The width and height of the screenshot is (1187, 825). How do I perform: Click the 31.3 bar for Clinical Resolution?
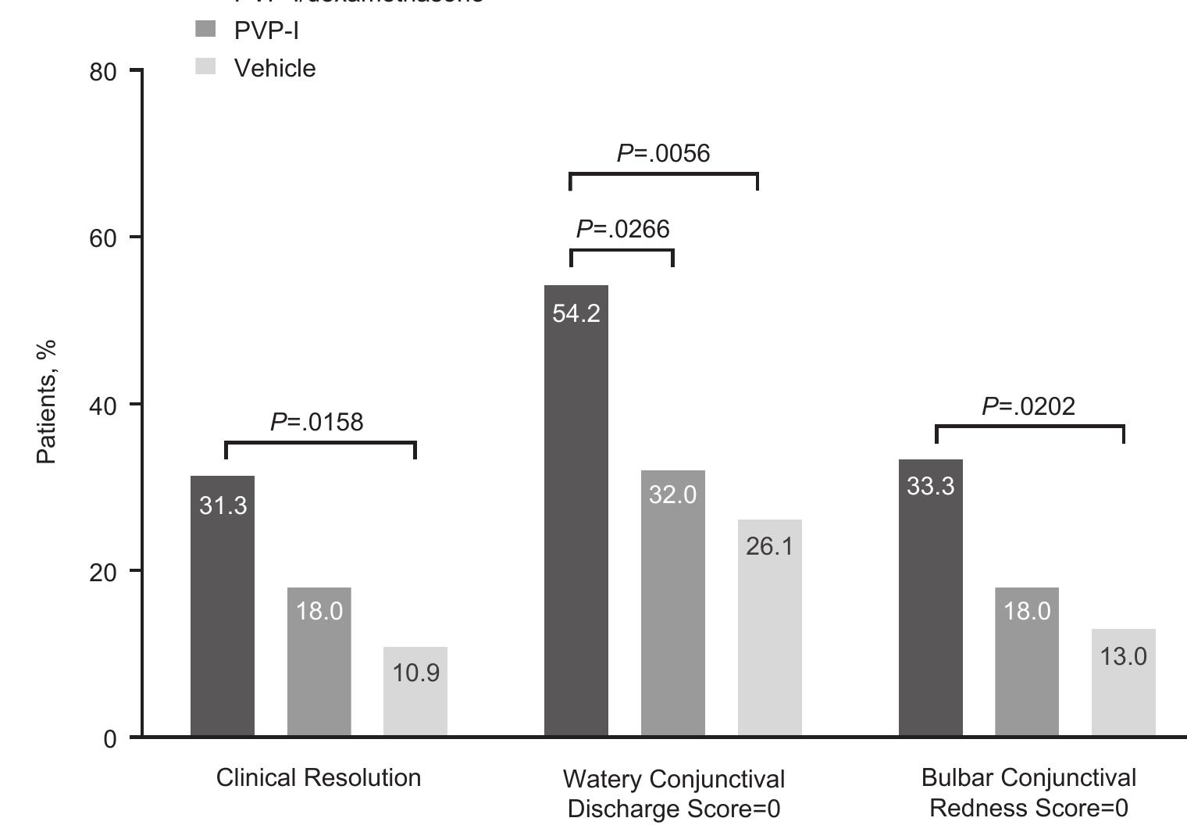click(223, 605)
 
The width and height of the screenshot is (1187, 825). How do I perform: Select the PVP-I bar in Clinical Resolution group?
click(319, 661)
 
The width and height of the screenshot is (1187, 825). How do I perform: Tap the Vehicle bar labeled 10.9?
click(415, 691)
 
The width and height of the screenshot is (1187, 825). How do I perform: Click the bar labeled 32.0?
click(672, 602)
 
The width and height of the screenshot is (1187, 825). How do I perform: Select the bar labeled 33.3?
click(930, 598)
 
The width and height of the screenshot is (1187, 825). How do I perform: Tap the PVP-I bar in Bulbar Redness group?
click(1026, 661)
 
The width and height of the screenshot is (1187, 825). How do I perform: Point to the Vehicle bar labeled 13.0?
click(1123, 682)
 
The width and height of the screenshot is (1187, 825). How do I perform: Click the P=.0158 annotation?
click(317, 422)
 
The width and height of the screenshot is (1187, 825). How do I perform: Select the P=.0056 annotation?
click(664, 153)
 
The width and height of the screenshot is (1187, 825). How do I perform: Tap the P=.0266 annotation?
click(623, 229)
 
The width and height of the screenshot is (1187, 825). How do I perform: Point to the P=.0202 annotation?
click(1028, 406)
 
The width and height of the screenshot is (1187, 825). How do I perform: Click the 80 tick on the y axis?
click(103, 72)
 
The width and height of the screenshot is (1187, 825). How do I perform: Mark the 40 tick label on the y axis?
click(103, 405)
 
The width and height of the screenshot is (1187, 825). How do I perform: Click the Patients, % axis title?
click(47, 402)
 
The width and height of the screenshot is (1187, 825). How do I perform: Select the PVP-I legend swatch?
click(205, 30)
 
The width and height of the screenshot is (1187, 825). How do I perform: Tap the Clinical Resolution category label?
click(319, 777)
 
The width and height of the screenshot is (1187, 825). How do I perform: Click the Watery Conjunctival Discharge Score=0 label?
click(673, 794)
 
